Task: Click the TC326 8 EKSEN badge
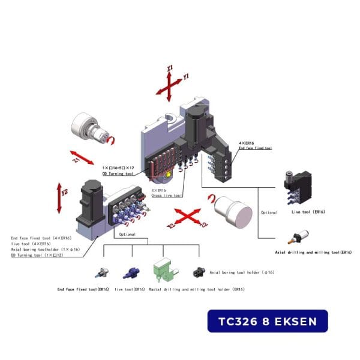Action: coord(268,321)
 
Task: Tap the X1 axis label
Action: coord(170,69)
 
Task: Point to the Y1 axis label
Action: coord(186,77)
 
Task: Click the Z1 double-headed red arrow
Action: coord(83,158)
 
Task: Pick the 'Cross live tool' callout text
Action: coord(166,195)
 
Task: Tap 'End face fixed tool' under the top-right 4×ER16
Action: coord(255,148)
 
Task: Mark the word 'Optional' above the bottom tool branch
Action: coord(128,235)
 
